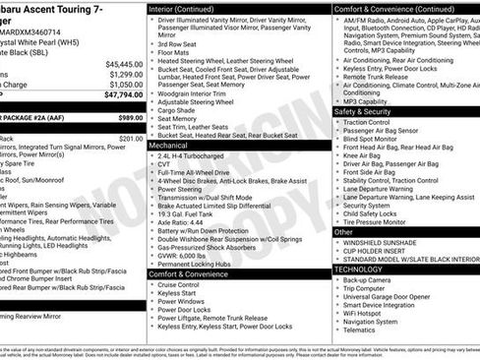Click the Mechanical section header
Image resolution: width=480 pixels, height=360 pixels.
pyautogui.click(x=168, y=144)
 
